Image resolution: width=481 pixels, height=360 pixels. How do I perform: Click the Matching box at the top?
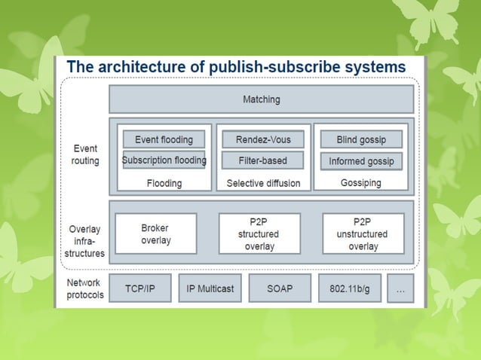point(261,99)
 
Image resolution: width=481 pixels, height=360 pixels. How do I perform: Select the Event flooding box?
point(164,139)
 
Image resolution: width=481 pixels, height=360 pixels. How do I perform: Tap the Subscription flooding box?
point(164,160)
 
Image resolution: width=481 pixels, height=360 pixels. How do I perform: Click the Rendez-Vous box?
point(262,139)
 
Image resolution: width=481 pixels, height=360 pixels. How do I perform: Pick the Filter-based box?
point(262,160)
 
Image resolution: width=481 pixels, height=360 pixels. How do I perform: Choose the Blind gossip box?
point(360,139)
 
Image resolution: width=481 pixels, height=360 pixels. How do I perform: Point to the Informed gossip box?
point(360,161)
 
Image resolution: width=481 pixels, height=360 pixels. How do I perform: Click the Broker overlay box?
point(155,233)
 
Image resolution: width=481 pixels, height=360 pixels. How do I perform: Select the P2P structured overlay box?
point(259,233)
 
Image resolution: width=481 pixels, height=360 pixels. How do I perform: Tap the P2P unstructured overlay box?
point(363,233)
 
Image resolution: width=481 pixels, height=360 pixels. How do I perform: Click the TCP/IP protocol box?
point(139,288)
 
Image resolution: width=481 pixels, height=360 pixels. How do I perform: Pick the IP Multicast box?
point(210,288)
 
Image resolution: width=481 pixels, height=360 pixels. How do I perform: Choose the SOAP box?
point(279,288)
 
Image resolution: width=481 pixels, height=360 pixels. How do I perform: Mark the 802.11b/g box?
point(348,288)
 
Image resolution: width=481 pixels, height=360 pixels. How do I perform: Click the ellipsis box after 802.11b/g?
point(400,288)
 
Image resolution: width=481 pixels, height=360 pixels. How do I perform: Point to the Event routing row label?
point(85,155)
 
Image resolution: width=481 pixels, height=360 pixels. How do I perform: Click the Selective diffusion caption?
point(263,183)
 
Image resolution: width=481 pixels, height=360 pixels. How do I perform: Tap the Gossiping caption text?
point(360,183)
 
